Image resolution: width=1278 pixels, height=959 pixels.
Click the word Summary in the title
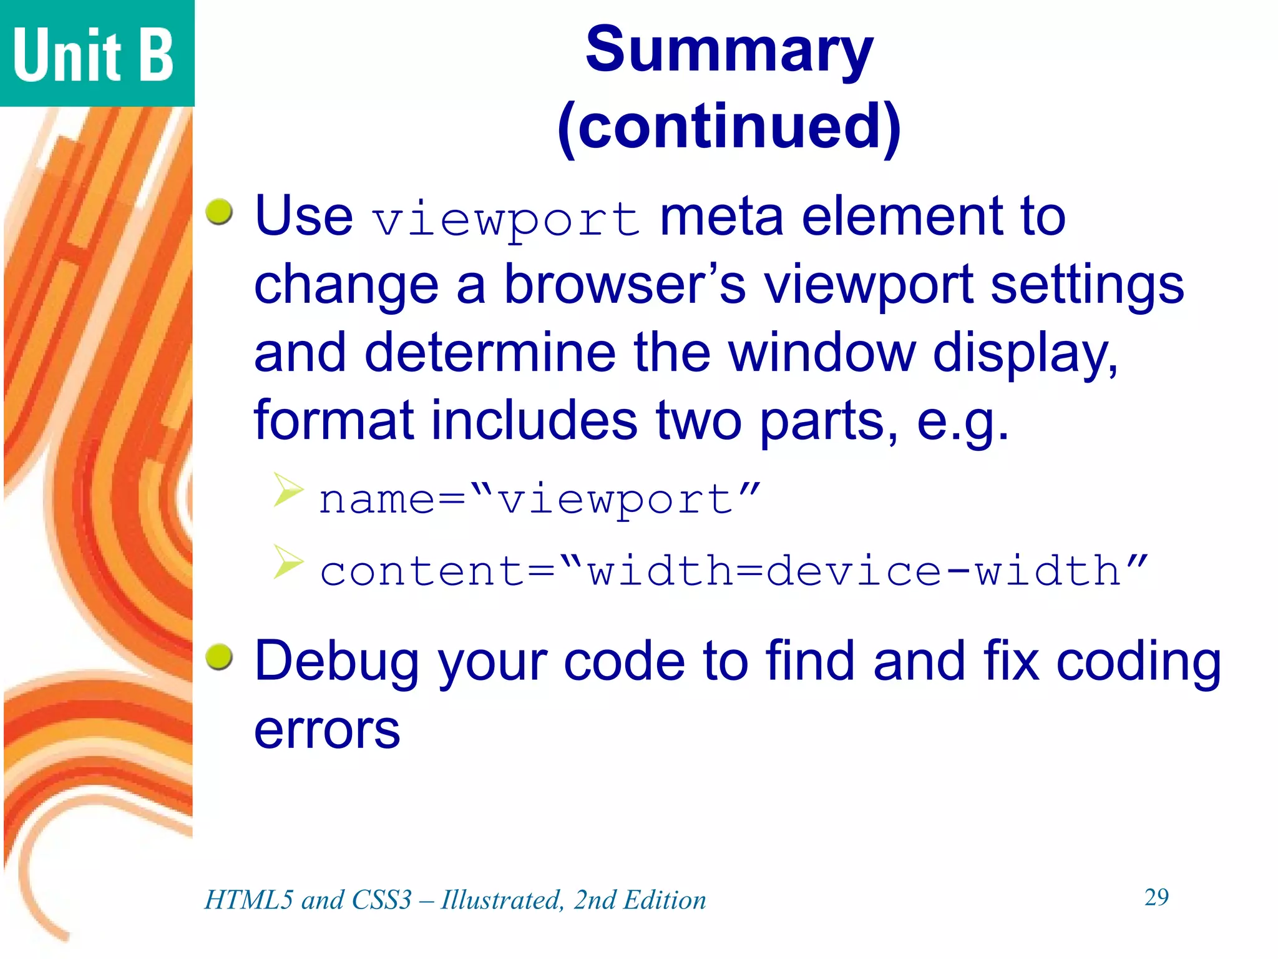coord(729,51)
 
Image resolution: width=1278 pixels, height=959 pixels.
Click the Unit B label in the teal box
coord(94,55)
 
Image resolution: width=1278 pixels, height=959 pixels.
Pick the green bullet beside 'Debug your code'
coord(220,657)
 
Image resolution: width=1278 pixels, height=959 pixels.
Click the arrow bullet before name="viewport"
coord(288,489)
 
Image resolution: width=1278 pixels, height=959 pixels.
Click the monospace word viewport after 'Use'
coord(506,220)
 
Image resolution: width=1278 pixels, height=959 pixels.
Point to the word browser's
coord(625,285)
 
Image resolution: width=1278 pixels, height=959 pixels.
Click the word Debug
coord(337,662)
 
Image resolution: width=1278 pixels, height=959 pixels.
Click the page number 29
coord(1156,897)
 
